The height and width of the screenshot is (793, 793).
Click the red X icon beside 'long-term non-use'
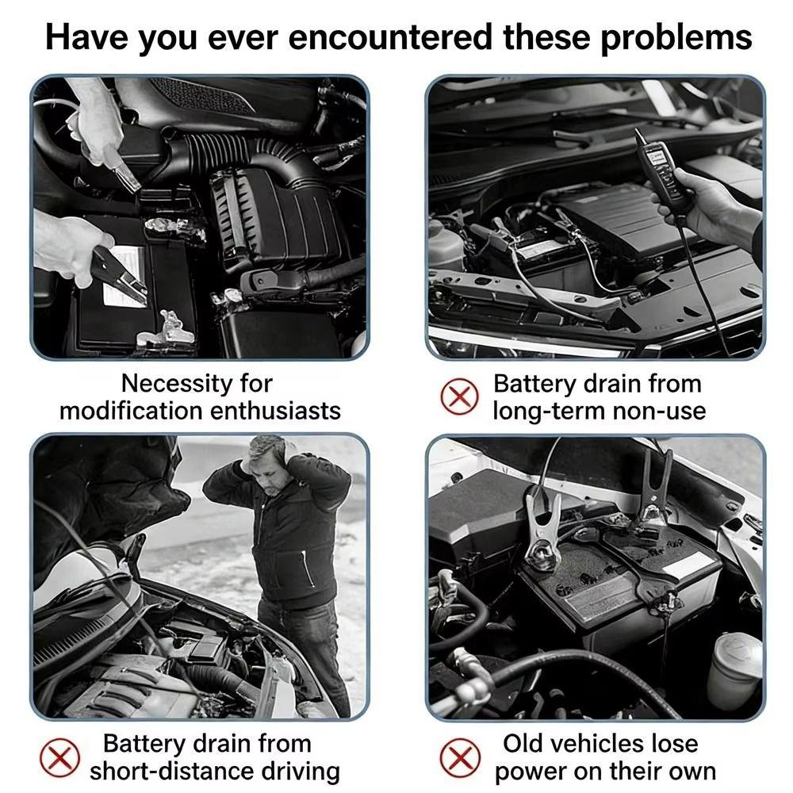click(459, 396)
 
